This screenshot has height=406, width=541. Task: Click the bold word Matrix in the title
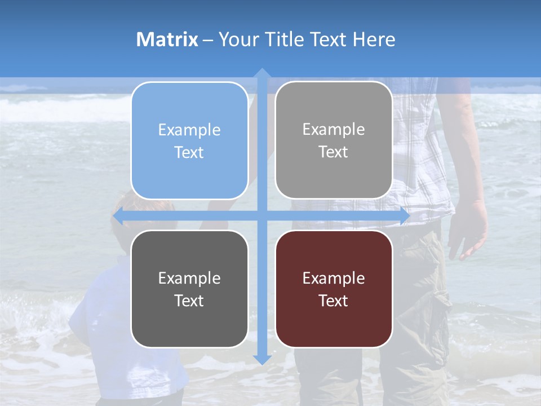click(167, 39)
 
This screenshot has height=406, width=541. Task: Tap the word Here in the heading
click(374, 39)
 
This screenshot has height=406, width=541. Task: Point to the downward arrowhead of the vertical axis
click(262, 359)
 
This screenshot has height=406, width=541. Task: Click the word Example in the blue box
click(189, 130)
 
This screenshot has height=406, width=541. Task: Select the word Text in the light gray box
click(334, 152)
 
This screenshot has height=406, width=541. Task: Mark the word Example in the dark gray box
click(189, 278)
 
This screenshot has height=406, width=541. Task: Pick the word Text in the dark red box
click(334, 301)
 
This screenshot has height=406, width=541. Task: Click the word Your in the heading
click(237, 39)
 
